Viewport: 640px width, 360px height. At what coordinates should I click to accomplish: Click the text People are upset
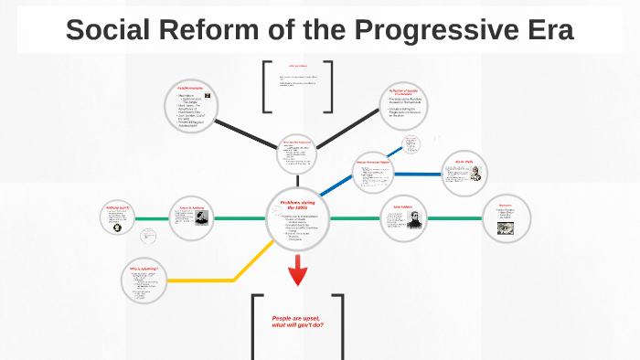(x=297, y=317)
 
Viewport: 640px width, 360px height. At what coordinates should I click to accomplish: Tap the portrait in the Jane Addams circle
(x=411, y=220)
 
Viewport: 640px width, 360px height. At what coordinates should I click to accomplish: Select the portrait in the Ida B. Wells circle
(x=475, y=174)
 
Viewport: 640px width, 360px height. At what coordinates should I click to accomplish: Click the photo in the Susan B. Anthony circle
(x=200, y=217)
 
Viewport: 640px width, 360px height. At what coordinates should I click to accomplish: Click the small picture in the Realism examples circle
(x=209, y=96)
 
